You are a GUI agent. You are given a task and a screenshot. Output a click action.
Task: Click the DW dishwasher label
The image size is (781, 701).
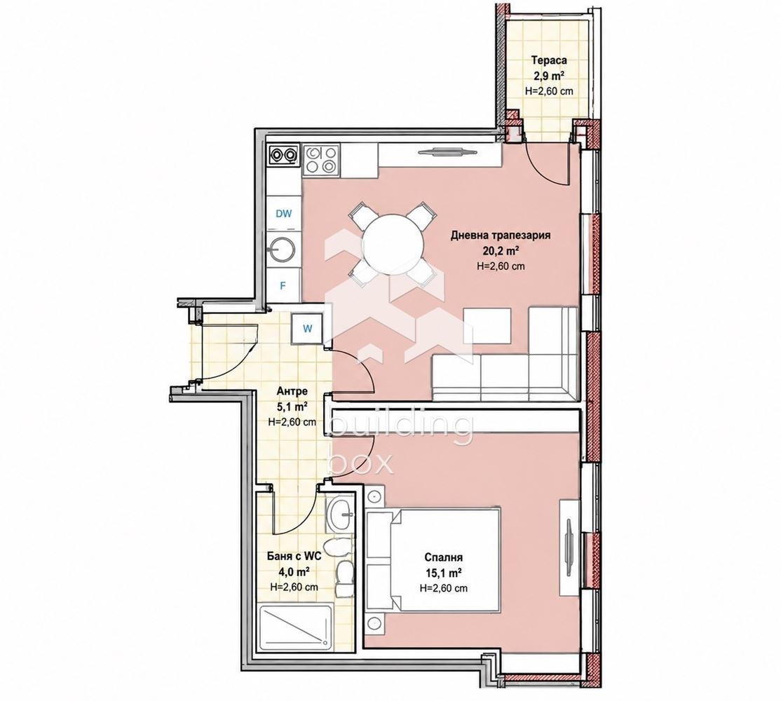(x=284, y=214)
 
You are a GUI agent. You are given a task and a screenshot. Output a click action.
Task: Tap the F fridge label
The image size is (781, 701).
(x=283, y=286)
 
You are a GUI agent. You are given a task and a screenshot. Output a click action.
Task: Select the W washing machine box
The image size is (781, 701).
(x=308, y=328)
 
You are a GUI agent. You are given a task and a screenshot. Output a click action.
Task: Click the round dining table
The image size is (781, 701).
(x=393, y=245)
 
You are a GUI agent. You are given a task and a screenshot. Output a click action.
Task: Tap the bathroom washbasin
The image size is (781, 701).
(x=341, y=514)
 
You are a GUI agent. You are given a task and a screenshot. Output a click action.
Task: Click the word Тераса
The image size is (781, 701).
(x=549, y=61)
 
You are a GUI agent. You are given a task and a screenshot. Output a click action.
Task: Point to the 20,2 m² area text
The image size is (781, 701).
(x=501, y=250)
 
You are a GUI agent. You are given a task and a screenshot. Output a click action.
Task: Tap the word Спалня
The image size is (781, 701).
(x=444, y=557)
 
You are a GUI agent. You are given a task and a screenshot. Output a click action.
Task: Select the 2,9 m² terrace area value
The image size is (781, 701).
(x=549, y=76)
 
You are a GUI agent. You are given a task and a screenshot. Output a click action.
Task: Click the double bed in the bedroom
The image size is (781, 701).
(x=433, y=560)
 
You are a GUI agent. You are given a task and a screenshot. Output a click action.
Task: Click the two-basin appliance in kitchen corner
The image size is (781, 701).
(x=283, y=155)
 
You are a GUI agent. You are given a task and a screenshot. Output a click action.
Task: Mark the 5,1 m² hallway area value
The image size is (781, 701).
(x=292, y=407)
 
